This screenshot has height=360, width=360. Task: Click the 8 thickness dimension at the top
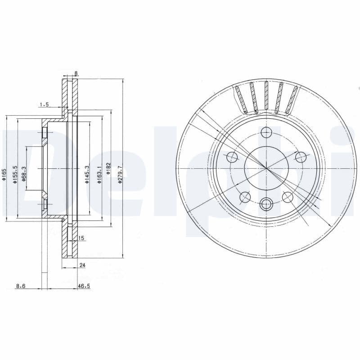(x=76, y=73)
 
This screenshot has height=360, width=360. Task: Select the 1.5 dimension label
(x=44, y=104)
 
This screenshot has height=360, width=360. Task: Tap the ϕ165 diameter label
(x=4, y=174)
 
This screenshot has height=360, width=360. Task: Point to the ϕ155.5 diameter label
(x=15, y=175)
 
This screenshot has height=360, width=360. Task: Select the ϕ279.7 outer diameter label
(x=120, y=174)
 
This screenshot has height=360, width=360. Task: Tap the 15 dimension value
(x=81, y=238)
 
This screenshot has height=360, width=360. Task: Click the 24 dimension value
(x=82, y=265)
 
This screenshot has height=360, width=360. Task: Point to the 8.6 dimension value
(x=21, y=285)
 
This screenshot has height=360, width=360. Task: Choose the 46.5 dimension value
(x=84, y=285)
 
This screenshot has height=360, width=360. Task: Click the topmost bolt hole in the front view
(x=266, y=132)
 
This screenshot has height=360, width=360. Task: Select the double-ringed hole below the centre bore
(x=266, y=204)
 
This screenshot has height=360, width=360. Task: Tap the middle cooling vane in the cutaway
(x=266, y=96)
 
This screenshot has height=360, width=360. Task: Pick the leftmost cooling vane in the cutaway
(x=240, y=99)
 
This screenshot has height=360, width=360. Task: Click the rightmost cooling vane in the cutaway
(x=293, y=99)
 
